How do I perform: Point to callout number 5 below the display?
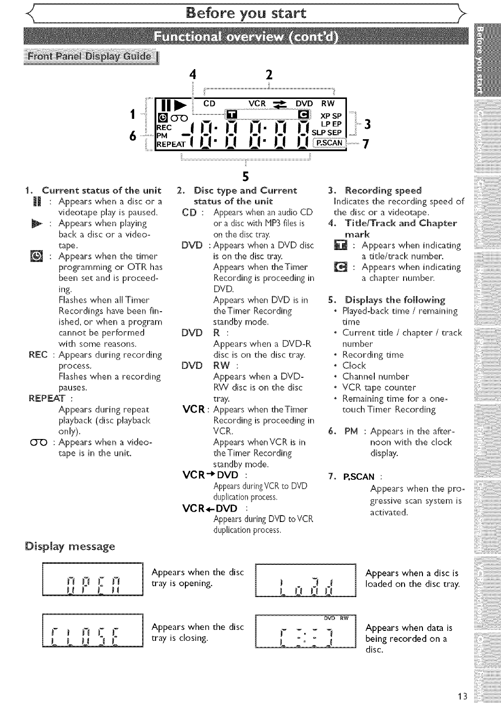coord(245,176)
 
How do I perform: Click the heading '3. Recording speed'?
coord(375,190)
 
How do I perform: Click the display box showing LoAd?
coord(306,580)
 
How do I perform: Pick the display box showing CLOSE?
coord(93,632)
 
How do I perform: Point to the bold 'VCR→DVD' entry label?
coord(211,475)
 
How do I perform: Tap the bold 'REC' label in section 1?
coord(38,354)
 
